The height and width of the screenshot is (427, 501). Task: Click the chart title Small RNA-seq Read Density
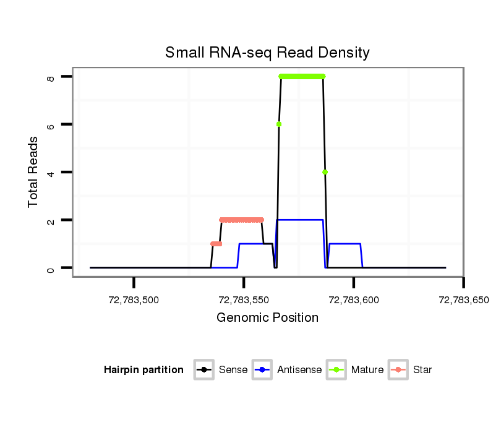(267, 53)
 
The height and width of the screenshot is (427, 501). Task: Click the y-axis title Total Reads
(33, 172)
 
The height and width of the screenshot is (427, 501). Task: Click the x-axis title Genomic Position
(267, 318)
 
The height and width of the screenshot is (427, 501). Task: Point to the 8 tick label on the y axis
(51, 78)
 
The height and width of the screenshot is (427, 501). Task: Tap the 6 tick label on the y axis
(51, 124)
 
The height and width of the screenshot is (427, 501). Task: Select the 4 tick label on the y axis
(51, 172)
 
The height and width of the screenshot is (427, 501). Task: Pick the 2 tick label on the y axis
(51, 220)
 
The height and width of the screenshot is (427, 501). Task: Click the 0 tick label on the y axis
(51, 269)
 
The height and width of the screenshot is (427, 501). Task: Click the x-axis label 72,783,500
(134, 300)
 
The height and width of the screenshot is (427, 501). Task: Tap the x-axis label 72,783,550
(244, 300)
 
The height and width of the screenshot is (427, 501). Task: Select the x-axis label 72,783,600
(353, 300)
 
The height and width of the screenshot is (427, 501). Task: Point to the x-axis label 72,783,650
(463, 300)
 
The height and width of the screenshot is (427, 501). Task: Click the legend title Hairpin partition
(143, 370)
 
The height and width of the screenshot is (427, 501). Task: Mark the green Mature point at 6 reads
(279, 124)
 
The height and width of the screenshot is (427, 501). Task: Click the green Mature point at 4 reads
(325, 172)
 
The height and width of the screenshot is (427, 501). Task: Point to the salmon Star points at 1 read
(216, 244)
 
